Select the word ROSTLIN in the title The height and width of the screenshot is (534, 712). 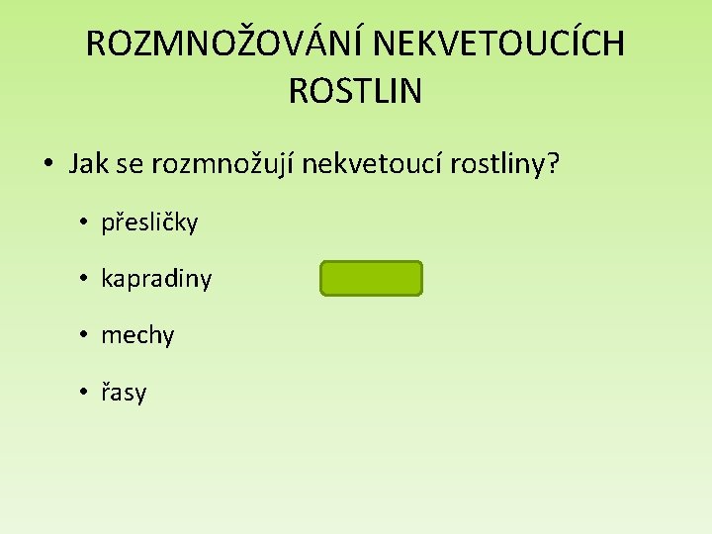click(355, 92)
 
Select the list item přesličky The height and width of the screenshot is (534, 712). click(149, 222)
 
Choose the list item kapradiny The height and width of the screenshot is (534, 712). click(156, 280)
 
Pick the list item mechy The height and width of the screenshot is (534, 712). click(137, 336)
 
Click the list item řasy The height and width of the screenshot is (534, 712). click(124, 394)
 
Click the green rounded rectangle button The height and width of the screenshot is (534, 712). click(371, 279)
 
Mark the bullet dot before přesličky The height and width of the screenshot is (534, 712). click(85, 222)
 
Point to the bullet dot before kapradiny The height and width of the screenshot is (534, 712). click(85, 280)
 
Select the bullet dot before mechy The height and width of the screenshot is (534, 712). click(85, 336)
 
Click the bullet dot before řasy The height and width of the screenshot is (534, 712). click(85, 394)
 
